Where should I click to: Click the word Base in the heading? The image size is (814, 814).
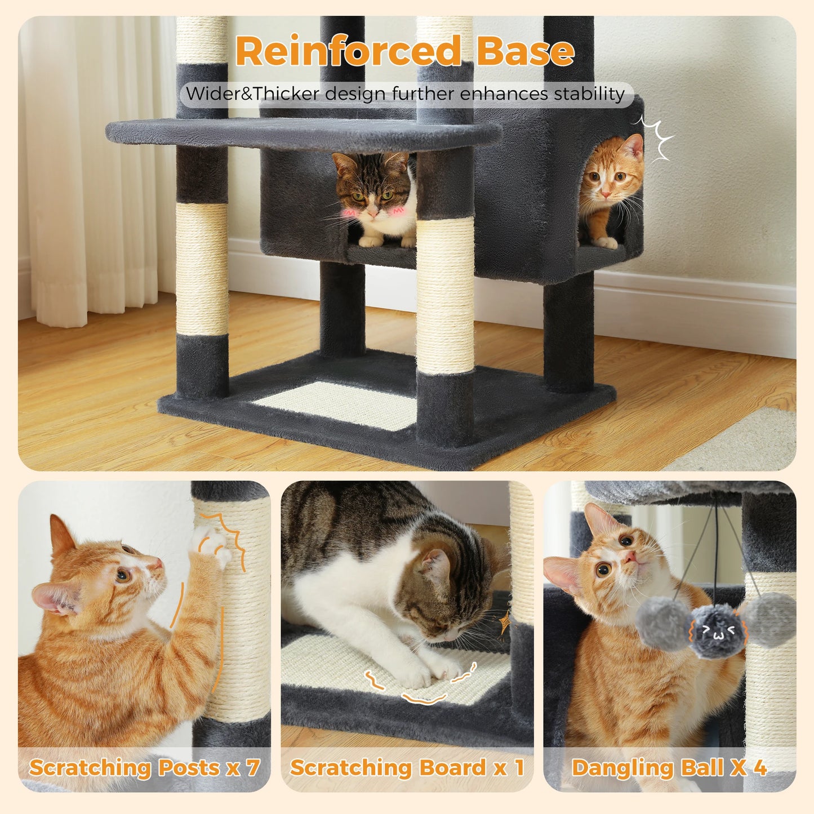525,51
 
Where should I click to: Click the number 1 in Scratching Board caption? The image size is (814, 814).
518,767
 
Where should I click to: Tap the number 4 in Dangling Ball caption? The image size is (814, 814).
760,767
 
